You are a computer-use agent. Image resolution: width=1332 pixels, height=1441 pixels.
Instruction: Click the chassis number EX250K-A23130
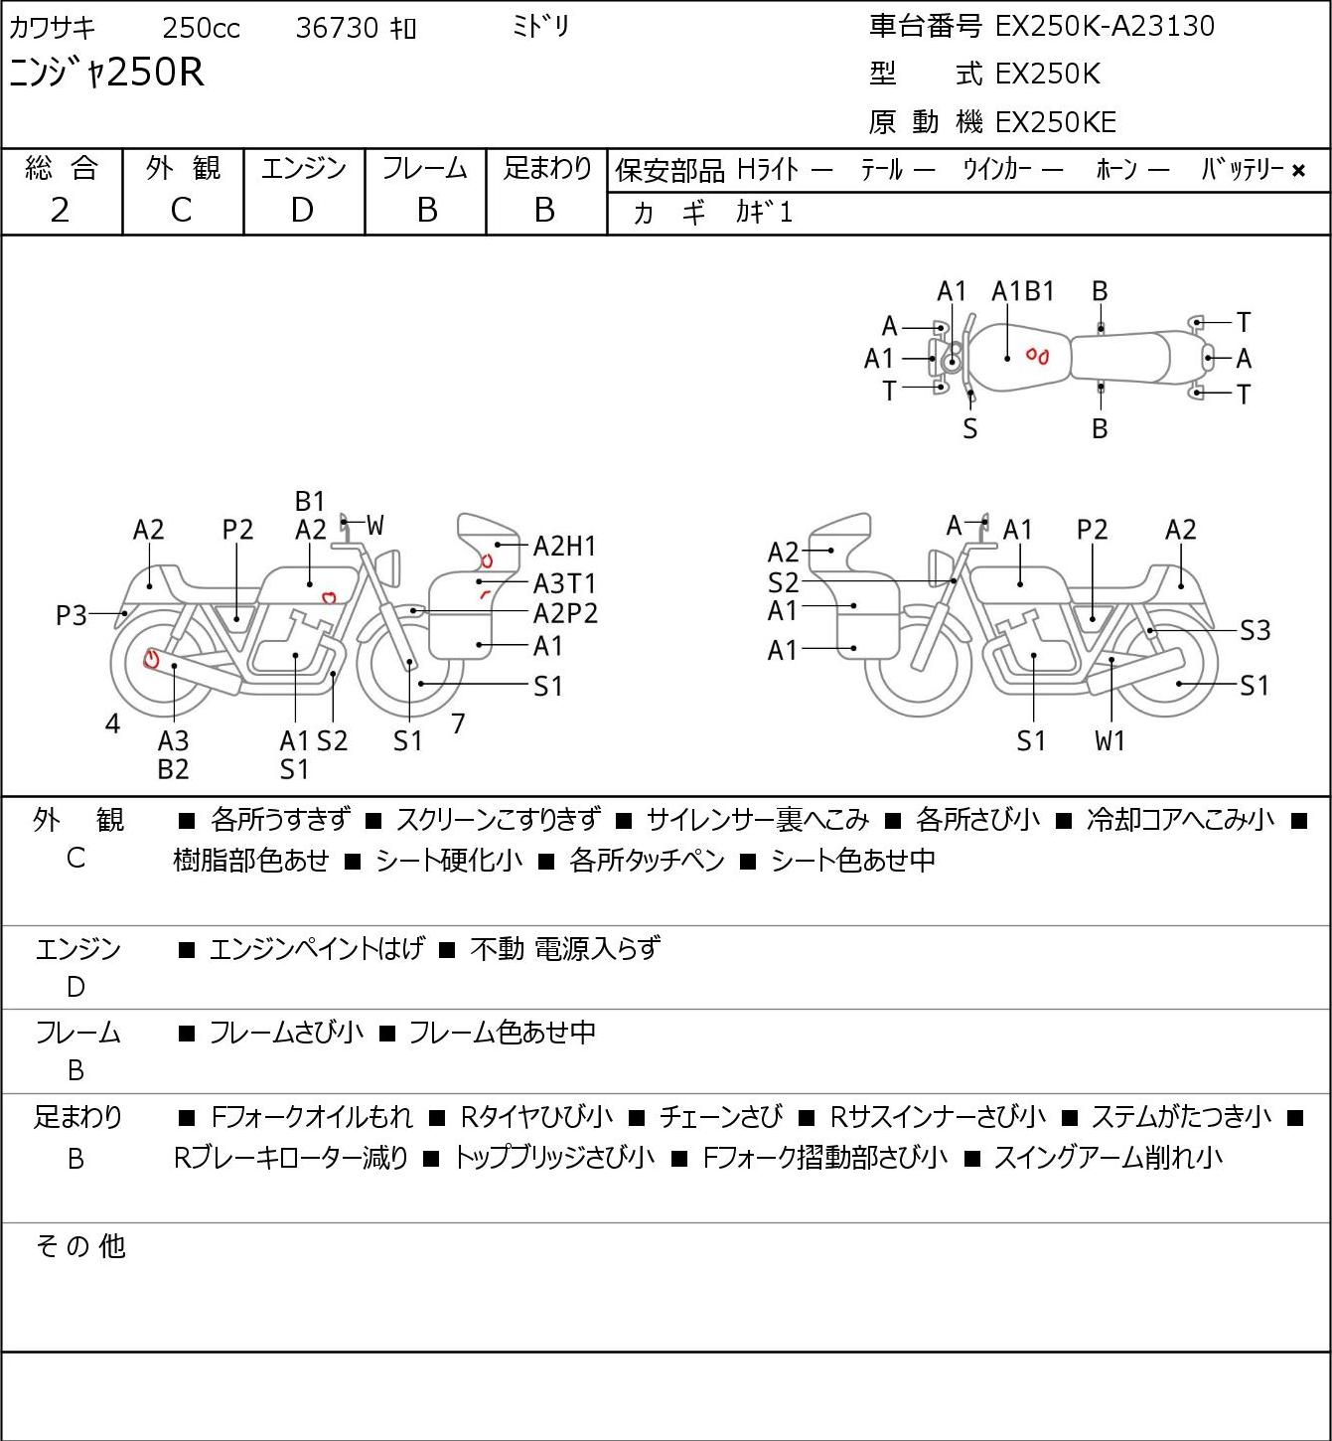click(1105, 26)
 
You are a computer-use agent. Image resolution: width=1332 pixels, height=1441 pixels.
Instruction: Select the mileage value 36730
click(337, 28)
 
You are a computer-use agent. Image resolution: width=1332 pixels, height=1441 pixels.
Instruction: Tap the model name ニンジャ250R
click(106, 73)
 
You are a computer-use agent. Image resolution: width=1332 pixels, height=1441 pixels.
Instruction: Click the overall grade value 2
click(61, 211)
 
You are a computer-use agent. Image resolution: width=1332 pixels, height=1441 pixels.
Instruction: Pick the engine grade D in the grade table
click(302, 211)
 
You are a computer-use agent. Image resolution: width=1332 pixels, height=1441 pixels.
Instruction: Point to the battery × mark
click(1298, 171)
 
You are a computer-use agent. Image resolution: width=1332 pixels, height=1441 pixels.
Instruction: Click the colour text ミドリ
click(540, 27)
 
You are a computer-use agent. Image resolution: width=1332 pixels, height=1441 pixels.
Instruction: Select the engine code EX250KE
click(1056, 122)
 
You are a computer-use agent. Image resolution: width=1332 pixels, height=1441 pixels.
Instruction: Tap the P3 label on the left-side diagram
click(72, 616)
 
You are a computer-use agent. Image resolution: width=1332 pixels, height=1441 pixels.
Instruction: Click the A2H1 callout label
click(564, 547)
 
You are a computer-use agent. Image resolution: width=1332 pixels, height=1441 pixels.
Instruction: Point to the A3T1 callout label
click(564, 583)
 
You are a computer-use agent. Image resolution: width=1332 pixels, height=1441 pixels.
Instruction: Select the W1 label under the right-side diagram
click(1110, 740)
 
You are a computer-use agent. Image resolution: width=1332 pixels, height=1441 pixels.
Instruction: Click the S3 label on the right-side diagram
click(1256, 630)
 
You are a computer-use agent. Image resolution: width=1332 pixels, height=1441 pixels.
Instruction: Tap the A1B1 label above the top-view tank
click(1023, 292)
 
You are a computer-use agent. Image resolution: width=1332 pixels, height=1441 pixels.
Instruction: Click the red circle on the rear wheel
click(152, 659)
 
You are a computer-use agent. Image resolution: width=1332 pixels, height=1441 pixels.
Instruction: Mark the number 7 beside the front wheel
click(458, 723)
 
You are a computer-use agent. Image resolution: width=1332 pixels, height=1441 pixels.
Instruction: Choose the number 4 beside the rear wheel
click(112, 723)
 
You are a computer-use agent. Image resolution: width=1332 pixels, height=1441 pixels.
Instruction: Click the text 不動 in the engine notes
click(497, 949)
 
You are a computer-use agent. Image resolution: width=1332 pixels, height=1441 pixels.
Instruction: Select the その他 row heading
click(80, 1246)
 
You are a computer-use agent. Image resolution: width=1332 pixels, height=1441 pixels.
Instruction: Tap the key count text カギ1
click(764, 213)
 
